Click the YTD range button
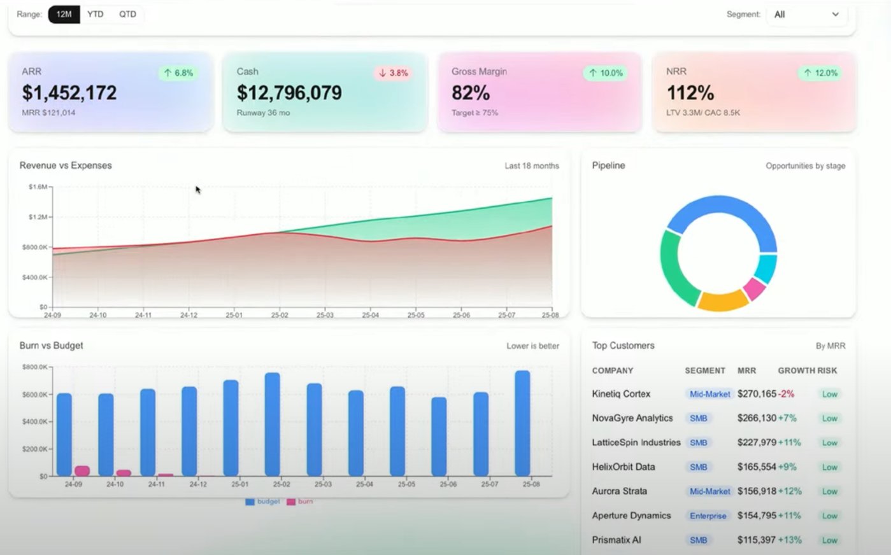[96, 14]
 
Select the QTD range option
[127, 14]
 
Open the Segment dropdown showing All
[806, 14]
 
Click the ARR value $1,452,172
[69, 93]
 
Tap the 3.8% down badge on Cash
[393, 73]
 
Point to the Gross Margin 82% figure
[471, 93]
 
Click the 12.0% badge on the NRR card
[820, 73]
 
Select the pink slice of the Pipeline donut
[755, 288]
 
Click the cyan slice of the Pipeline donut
[766, 268]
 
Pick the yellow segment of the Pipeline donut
[723, 300]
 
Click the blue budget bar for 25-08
[522, 423]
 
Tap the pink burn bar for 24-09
[82, 471]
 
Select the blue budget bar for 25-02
[273, 425]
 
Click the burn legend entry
[300, 502]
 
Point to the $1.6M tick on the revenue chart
[38, 187]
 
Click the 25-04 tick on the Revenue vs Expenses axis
[370, 315]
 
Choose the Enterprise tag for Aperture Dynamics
[708, 516]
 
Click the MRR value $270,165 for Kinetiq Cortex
[757, 394]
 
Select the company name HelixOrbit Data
[623, 467]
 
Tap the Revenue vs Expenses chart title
[66, 165]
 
